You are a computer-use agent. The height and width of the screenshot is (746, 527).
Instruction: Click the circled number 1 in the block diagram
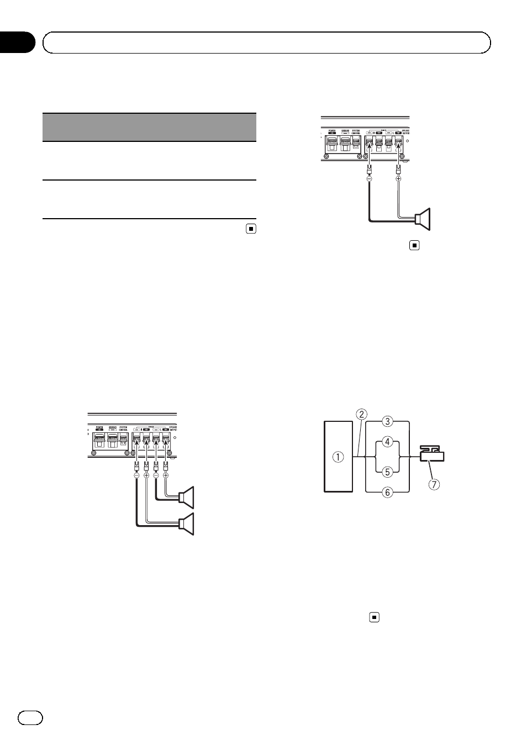pyautogui.click(x=338, y=457)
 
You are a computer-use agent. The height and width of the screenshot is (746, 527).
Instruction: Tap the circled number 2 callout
pyautogui.click(x=362, y=414)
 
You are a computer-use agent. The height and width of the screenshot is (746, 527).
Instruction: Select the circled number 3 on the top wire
pyautogui.click(x=388, y=421)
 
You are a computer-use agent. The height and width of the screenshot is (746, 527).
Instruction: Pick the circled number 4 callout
pyautogui.click(x=388, y=442)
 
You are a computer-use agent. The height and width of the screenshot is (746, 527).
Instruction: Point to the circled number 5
pyautogui.click(x=388, y=472)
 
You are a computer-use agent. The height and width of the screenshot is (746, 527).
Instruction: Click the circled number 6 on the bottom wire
pyautogui.click(x=388, y=492)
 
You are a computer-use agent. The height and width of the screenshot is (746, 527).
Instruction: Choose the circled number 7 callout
pyautogui.click(x=435, y=485)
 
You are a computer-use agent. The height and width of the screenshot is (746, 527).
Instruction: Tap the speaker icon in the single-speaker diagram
pyautogui.click(x=424, y=219)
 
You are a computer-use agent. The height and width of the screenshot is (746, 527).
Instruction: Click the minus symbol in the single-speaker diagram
pyautogui.click(x=369, y=179)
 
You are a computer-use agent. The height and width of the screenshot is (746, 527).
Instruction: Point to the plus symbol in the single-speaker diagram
pyautogui.click(x=398, y=179)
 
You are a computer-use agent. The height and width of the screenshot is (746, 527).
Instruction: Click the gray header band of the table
pyautogui.click(x=149, y=128)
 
